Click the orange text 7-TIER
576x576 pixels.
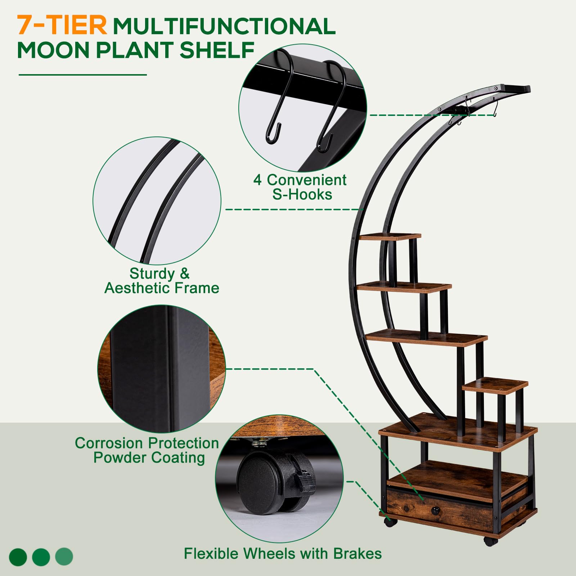62,25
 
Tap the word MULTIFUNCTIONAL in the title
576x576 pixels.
224,27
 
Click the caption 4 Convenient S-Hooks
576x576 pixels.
300,187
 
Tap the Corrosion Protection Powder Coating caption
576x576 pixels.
147,450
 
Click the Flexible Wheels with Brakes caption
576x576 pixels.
283,554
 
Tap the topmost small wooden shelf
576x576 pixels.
390,237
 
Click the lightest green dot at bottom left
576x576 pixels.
64,557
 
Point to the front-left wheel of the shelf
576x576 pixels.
389,522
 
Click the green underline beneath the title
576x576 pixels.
83,75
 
